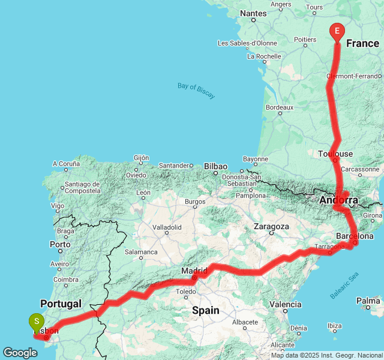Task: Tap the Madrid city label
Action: tap(194, 271)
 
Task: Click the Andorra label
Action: tap(339, 200)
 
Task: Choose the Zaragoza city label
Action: tap(271, 227)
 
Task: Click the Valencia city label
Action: tap(285, 304)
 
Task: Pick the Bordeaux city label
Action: tap(279, 107)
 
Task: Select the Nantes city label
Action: tap(253, 13)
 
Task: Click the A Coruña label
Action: tap(66, 163)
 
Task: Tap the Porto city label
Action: tap(60, 244)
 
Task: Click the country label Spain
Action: tap(205, 310)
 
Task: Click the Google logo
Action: tap(19, 353)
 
